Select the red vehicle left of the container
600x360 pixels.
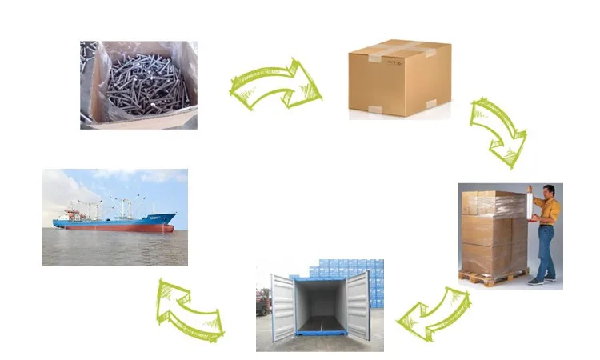[x=262, y=302]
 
